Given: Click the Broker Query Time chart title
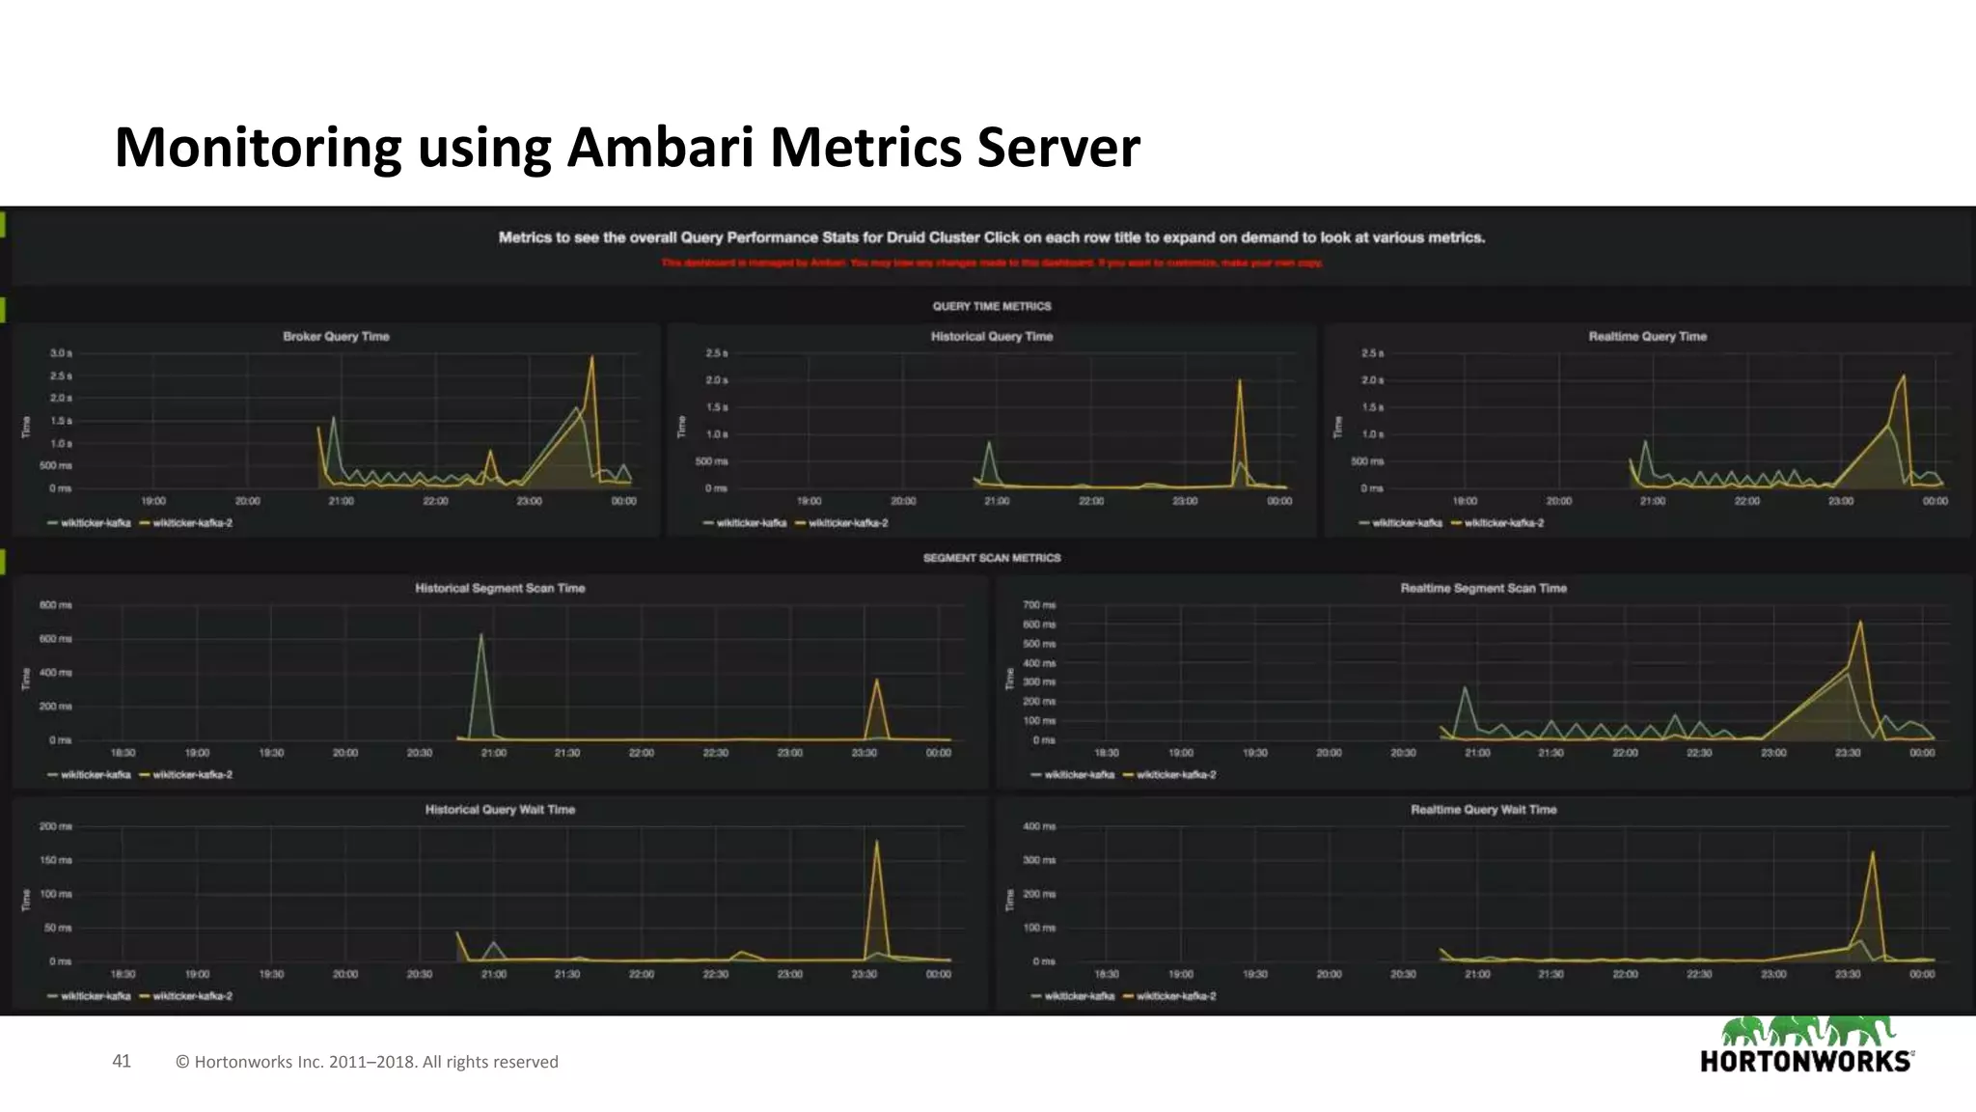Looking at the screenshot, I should coord(336,336).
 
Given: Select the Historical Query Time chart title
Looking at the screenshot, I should coord(991,336).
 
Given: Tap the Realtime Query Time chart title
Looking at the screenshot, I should coord(1647,336).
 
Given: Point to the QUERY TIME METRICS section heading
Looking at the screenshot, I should coord(991,306).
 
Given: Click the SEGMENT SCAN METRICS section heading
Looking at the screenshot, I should coord(991,558).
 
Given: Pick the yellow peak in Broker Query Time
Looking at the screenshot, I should coord(591,359).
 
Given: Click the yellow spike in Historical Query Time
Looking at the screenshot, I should coord(1240,382).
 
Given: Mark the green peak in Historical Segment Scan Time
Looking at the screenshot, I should coord(480,637).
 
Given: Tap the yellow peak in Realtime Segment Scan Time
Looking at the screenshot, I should coord(1859,624).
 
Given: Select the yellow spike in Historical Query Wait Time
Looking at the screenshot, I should coord(876,844).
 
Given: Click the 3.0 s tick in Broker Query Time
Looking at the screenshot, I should coord(61,353).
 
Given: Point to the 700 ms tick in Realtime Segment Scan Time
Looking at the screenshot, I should coord(1039,605).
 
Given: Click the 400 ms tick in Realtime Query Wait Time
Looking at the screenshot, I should coord(1039,826).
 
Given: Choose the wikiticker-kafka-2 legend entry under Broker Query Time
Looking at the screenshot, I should coord(191,523).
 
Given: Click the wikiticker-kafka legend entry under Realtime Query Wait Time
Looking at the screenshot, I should coord(1078,996).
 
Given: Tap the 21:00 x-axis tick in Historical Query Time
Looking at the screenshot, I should coord(997,501).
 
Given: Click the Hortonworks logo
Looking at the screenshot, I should coord(1806,1046).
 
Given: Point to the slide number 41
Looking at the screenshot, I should coord(122,1061).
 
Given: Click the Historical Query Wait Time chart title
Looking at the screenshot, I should coord(500,809).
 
